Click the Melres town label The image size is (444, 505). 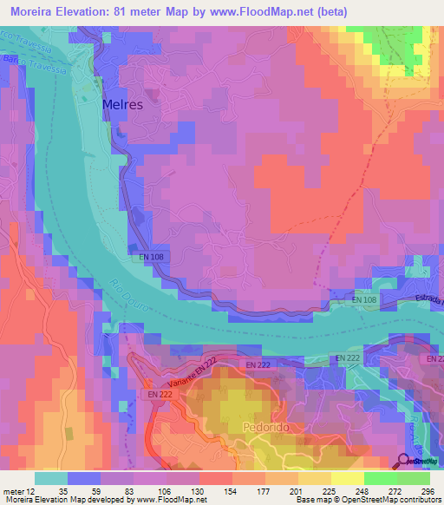[122, 103]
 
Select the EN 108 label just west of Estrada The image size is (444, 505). [365, 300]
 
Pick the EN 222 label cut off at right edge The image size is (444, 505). [434, 358]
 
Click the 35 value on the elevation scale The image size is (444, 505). [63, 491]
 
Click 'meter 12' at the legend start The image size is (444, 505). [20, 491]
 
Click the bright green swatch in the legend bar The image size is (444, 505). [380, 478]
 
